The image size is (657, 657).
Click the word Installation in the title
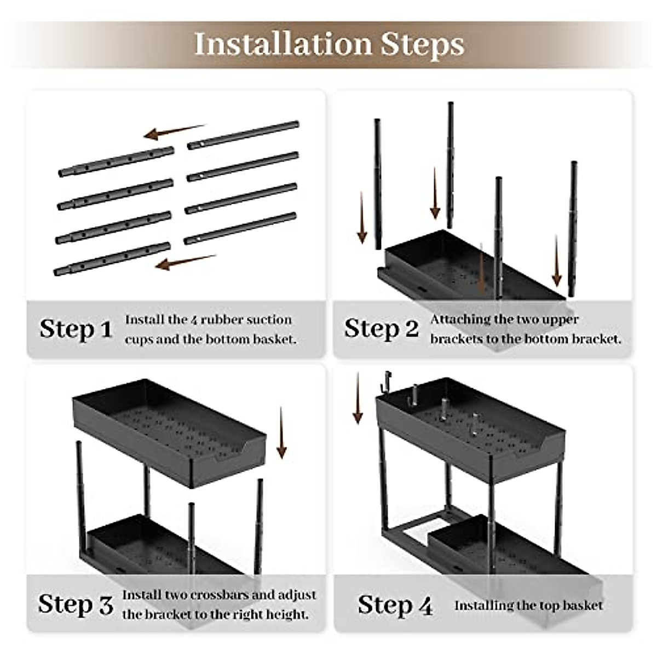click(283, 44)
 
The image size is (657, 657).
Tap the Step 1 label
click(76, 329)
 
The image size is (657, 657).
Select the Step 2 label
click(382, 329)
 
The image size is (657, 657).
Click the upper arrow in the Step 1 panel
click(175, 132)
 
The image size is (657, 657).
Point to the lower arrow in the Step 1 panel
click(186, 262)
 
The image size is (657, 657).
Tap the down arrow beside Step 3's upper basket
click(281, 433)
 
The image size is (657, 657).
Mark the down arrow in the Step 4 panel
click(358, 398)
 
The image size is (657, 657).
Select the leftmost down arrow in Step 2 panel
click(362, 217)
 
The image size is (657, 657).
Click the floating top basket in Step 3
click(169, 433)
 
